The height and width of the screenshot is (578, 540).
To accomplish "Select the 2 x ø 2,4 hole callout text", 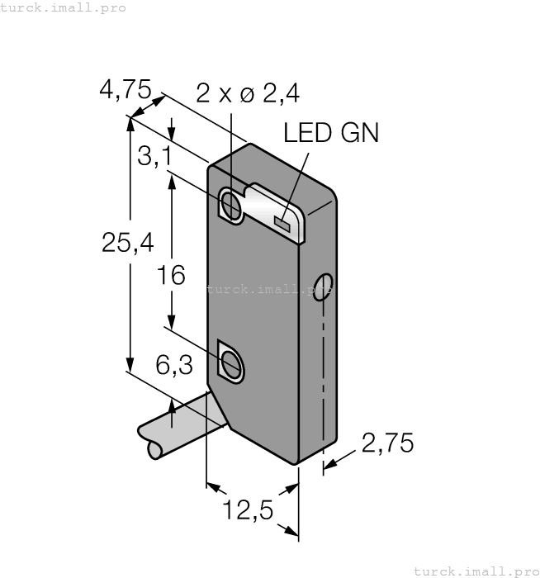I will pos(235,94).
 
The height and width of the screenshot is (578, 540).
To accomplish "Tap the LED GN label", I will pos(330,133).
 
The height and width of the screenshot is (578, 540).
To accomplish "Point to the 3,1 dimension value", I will pos(154,156).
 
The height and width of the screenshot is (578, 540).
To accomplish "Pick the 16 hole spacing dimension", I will pos(172,275).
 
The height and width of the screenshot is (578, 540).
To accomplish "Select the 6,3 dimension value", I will pos(174,364).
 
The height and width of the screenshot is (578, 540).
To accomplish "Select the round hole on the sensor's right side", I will pos(325,286).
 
